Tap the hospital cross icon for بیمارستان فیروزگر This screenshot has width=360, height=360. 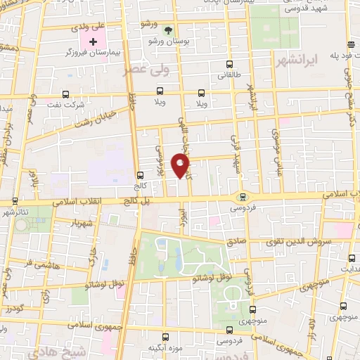point(93,41)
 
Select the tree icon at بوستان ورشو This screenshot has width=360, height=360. point(167,30)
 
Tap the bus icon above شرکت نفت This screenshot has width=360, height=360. point(65,94)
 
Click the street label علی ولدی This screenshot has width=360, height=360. point(89,26)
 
